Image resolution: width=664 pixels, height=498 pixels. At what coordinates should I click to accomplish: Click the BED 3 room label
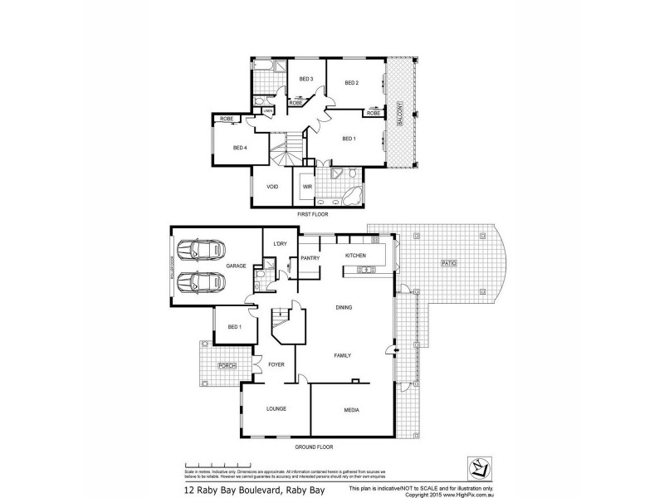(305, 79)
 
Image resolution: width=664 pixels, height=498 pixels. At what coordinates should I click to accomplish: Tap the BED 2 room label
(351, 83)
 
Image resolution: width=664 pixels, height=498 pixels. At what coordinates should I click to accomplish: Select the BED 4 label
(240, 148)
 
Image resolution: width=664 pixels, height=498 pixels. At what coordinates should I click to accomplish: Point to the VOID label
(271, 187)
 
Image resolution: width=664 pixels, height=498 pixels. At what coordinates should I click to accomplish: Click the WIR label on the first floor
(306, 187)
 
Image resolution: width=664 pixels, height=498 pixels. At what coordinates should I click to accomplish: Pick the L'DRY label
(279, 242)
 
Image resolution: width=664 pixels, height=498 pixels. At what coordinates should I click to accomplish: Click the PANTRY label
(310, 257)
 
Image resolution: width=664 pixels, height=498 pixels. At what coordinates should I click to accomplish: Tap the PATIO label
(449, 263)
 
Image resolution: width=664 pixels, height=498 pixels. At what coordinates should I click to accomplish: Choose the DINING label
(344, 307)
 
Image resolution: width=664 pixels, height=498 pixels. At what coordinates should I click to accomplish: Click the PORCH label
(227, 365)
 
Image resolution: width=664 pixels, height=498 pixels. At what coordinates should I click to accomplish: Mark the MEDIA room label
(351, 410)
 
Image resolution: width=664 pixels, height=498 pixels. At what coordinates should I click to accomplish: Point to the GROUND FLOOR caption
(313, 447)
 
